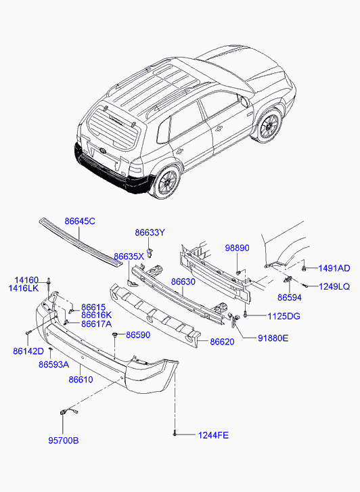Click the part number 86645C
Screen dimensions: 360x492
click(80, 221)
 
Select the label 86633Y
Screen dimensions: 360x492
click(150, 233)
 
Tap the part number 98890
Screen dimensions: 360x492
click(237, 248)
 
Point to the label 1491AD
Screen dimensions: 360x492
click(334, 268)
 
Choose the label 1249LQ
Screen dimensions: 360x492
click(334, 286)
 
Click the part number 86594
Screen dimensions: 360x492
click(290, 298)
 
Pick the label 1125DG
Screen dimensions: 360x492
click(284, 316)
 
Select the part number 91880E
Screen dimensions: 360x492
click(273, 338)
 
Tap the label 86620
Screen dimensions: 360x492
click(222, 342)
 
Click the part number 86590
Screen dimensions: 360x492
click(138, 335)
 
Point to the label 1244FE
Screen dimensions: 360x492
click(213, 435)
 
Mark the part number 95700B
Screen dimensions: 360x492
click(64, 441)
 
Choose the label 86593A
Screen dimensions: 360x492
click(54, 365)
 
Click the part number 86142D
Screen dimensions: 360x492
click(28, 351)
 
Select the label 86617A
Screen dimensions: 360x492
click(96, 323)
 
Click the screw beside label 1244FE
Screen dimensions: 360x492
click(175, 434)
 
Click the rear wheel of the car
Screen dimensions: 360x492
click(166, 182)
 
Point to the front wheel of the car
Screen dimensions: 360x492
click(269, 126)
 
